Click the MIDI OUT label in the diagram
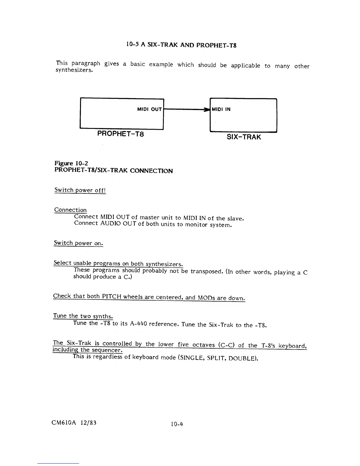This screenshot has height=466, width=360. tap(149, 109)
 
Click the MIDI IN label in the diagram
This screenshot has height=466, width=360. tap(221, 109)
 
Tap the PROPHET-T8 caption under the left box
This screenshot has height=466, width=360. tap(121, 134)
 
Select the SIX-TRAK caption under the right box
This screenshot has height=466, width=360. tap(244, 137)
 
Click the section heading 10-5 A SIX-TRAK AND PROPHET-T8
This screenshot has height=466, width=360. tap(181, 45)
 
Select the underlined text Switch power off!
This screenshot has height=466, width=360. tap(80, 190)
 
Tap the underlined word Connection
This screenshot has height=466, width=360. tap(71, 210)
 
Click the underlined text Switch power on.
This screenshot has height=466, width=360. tap(79, 243)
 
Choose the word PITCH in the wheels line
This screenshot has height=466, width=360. tap(112, 296)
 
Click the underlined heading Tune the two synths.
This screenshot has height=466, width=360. tap(83, 316)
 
